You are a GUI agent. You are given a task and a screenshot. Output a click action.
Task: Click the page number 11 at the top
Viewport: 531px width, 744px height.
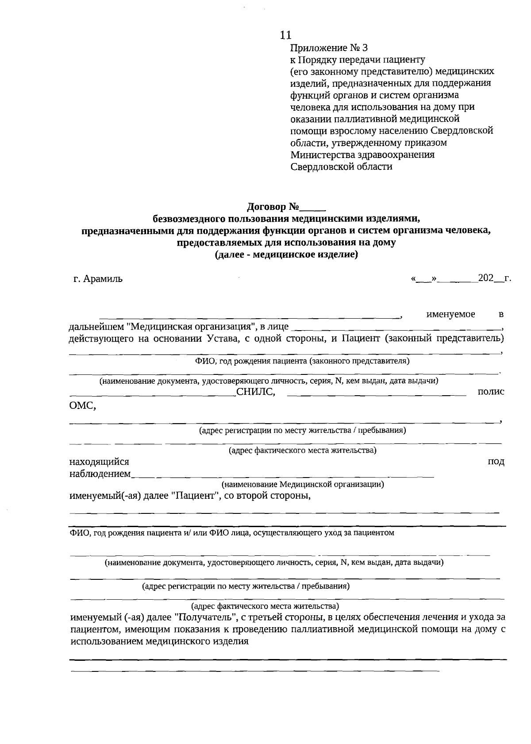point(286,35)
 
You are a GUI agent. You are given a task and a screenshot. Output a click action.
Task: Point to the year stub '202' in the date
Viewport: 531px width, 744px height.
point(485,278)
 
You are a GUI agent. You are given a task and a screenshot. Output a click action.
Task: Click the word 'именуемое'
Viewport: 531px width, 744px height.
point(450,314)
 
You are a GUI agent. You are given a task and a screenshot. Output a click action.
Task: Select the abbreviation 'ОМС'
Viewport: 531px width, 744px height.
point(82,406)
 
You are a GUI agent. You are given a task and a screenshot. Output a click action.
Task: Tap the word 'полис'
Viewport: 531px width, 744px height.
point(491,392)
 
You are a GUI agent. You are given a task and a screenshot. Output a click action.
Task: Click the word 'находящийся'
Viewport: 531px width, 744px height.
point(99,462)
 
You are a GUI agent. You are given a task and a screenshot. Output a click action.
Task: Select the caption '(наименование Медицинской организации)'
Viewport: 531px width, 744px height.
point(303,484)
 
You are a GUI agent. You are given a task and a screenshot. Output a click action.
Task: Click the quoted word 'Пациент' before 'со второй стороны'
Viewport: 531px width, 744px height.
point(195,495)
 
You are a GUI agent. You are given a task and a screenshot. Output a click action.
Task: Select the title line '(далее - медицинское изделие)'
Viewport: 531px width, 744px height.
point(286,254)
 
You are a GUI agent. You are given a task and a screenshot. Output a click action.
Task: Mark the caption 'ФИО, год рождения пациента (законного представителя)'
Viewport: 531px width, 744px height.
point(302,361)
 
